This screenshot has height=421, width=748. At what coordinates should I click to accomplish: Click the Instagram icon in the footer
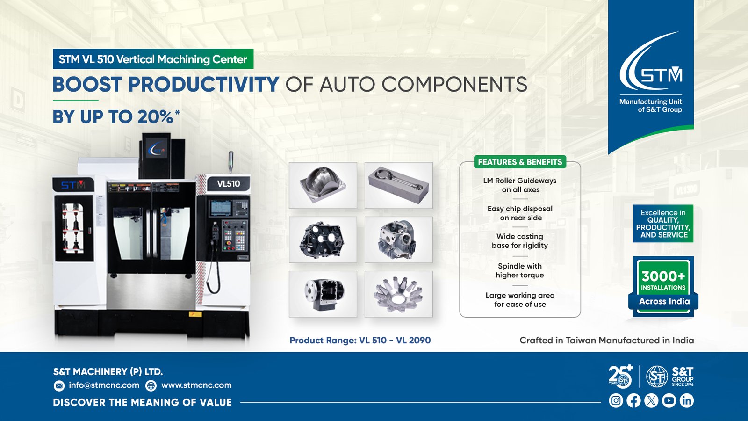616,400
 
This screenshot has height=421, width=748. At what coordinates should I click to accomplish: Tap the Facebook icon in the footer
633,400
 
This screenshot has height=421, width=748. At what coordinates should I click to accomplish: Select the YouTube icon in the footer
669,400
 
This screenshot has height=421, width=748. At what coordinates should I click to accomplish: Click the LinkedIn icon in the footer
687,400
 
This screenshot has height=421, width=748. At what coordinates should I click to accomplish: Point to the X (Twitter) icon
651,400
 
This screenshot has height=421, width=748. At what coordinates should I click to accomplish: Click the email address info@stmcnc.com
104,385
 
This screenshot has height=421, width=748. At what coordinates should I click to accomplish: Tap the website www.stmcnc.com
196,385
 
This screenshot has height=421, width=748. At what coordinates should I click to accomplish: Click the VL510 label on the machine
229,183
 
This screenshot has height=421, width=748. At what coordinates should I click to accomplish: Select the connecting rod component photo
398,185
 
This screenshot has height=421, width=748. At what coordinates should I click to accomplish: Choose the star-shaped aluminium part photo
398,294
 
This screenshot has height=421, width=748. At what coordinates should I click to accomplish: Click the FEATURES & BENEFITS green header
520,162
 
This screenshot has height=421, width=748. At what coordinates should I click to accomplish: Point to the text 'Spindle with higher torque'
520,271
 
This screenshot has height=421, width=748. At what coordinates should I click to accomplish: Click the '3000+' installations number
663,276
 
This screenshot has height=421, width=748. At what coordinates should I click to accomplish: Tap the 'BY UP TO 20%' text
116,116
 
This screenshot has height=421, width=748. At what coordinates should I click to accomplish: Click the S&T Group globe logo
657,377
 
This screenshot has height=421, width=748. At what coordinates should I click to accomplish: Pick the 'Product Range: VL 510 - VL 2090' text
360,340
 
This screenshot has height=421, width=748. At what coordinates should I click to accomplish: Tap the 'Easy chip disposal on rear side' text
520,213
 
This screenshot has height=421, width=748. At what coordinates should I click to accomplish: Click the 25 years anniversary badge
620,377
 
